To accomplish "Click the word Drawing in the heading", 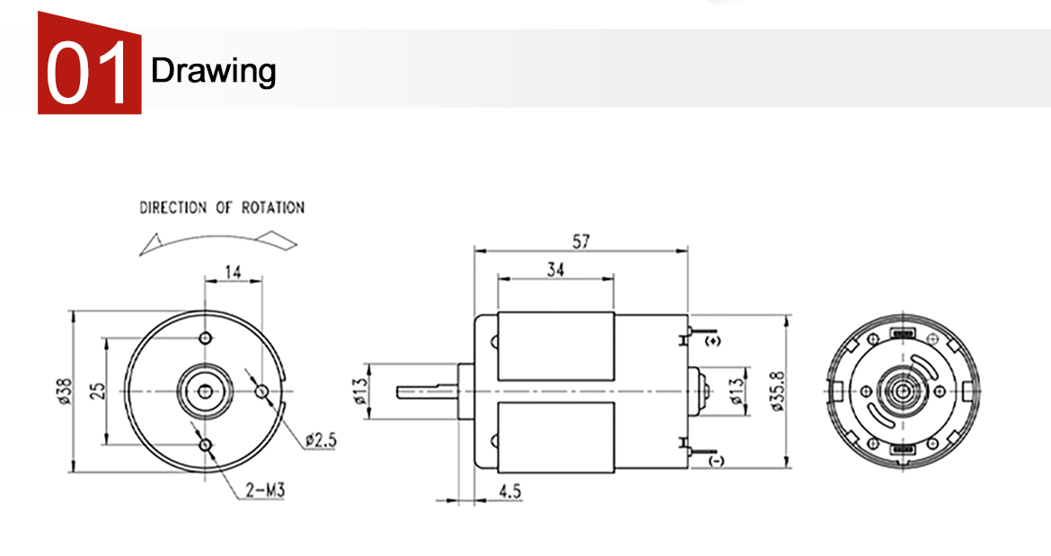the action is pos(213,71).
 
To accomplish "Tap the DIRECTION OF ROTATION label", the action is pos(222,207).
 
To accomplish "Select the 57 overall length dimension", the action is pos(580,241).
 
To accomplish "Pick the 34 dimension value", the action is pos(556,269).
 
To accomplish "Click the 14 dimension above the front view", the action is pos(233,272).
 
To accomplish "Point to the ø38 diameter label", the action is pos(65,392).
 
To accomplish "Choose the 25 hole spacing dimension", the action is pos(98,391).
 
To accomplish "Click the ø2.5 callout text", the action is pos(321,440).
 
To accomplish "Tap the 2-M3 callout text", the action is pos(265,490).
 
